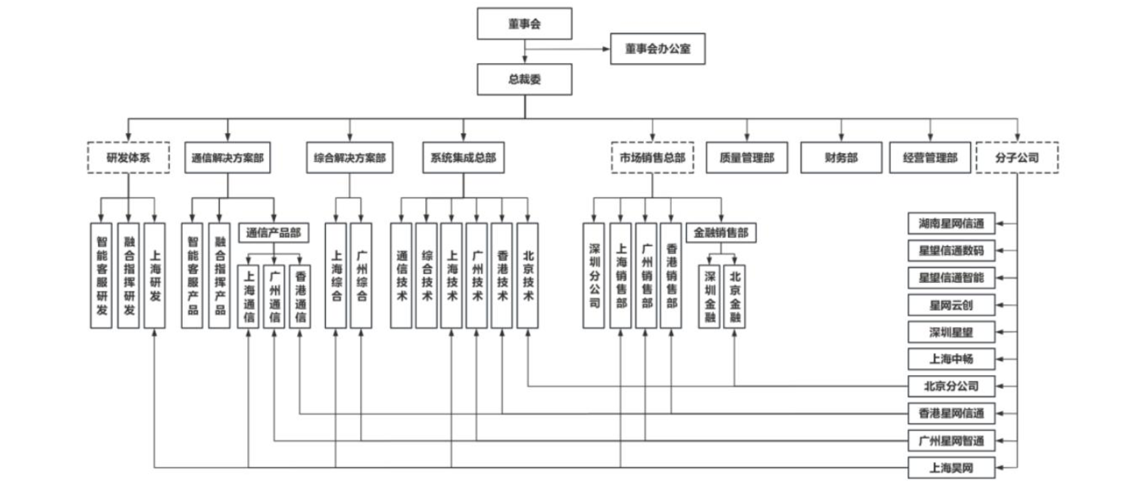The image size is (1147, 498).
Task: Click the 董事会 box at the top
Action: click(x=524, y=24)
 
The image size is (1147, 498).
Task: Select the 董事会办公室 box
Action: click(x=657, y=49)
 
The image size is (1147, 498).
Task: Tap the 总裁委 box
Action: click(x=524, y=79)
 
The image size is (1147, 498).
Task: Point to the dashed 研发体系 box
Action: click(x=128, y=157)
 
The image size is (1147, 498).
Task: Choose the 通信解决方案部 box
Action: click(x=228, y=157)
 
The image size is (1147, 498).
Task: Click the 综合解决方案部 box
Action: click(x=349, y=157)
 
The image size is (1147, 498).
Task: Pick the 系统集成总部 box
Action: click(x=463, y=157)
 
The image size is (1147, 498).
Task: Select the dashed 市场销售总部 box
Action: click(x=652, y=157)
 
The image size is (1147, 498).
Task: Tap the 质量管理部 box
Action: click(x=747, y=157)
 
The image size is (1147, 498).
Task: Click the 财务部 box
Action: click(x=841, y=157)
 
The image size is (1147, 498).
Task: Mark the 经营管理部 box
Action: click(x=930, y=157)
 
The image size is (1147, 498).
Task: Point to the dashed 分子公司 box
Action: click(x=1017, y=157)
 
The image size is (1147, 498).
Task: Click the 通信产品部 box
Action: click(x=273, y=232)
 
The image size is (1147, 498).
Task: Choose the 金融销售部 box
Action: click(x=721, y=232)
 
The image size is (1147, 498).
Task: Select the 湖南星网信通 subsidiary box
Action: click(x=951, y=223)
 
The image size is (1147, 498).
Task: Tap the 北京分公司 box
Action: click(x=951, y=386)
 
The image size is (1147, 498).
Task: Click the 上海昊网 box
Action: click(x=951, y=468)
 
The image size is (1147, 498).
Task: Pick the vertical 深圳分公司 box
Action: click(x=593, y=275)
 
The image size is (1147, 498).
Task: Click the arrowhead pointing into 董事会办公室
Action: click(x=606, y=49)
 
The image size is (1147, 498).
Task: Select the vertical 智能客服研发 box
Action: click(x=101, y=275)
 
